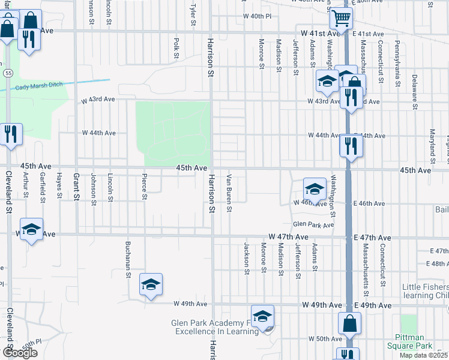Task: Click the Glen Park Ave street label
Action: (x=313, y=225)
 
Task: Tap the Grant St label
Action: (x=76, y=187)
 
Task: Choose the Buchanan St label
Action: (x=128, y=260)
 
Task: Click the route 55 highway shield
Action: (x=7, y=73)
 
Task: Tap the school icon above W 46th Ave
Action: (x=315, y=189)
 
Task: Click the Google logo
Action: (x=19, y=353)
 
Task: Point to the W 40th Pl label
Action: (x=258, y=16)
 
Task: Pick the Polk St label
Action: (x=176, y=48)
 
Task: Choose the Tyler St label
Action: (x=193, y=15)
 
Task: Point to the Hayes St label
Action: (x=59, y=185)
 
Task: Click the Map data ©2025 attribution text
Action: (x=424, y=355)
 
